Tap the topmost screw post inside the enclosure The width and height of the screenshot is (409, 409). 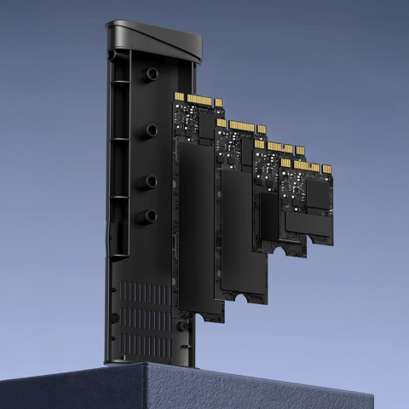point(151,74)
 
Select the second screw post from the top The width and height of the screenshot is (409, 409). point(151,130)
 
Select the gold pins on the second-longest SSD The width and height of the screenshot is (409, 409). point(240,127)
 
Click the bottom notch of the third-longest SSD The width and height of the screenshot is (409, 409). point(279,249)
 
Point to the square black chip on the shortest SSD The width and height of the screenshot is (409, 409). point(318,196)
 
